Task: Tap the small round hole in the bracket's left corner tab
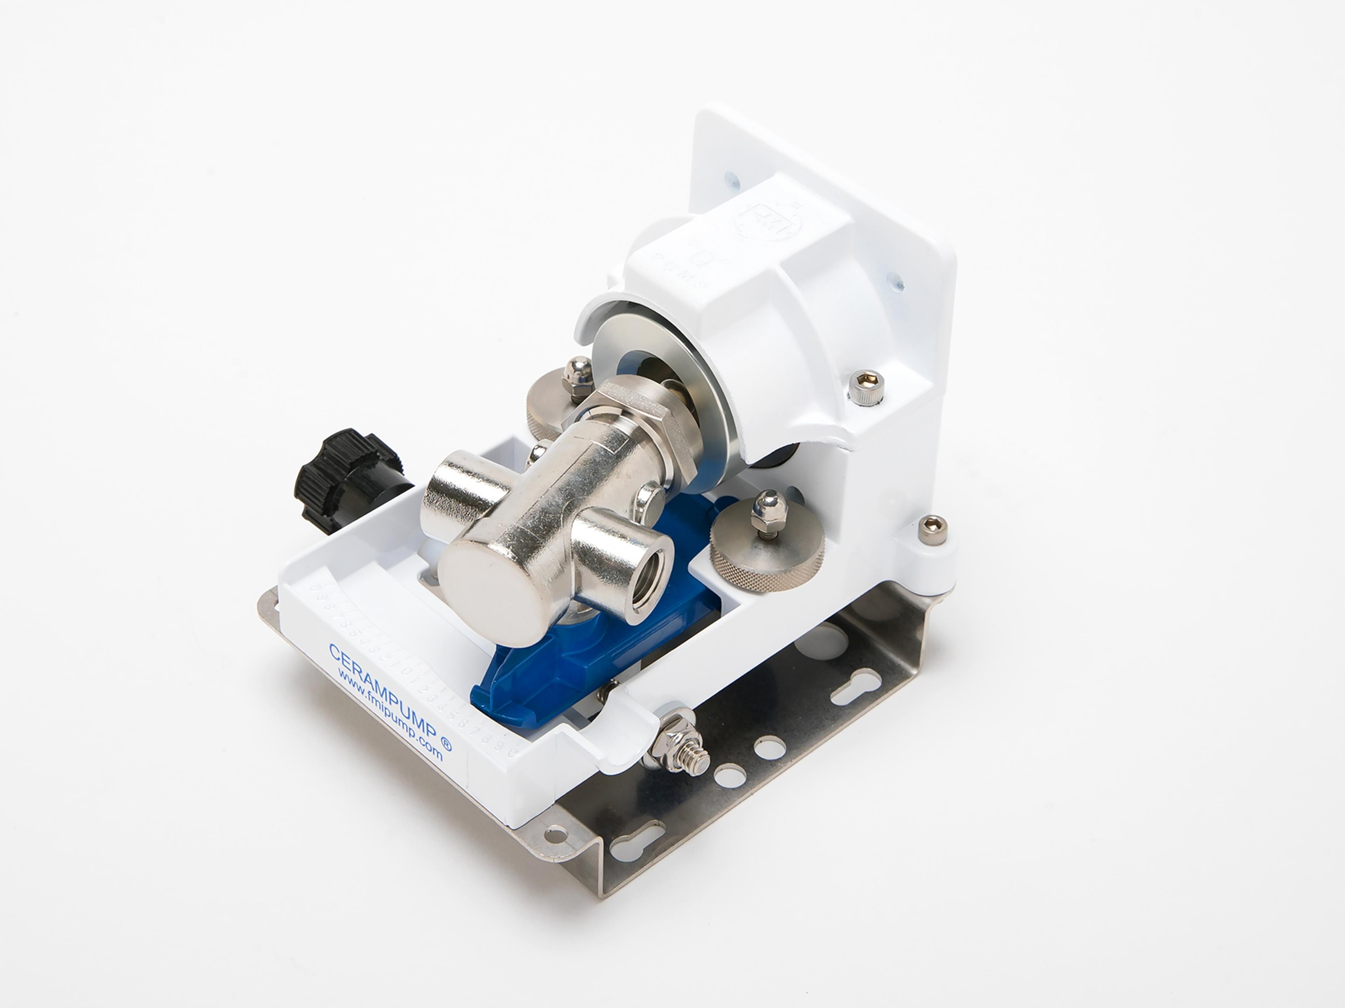554,835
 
